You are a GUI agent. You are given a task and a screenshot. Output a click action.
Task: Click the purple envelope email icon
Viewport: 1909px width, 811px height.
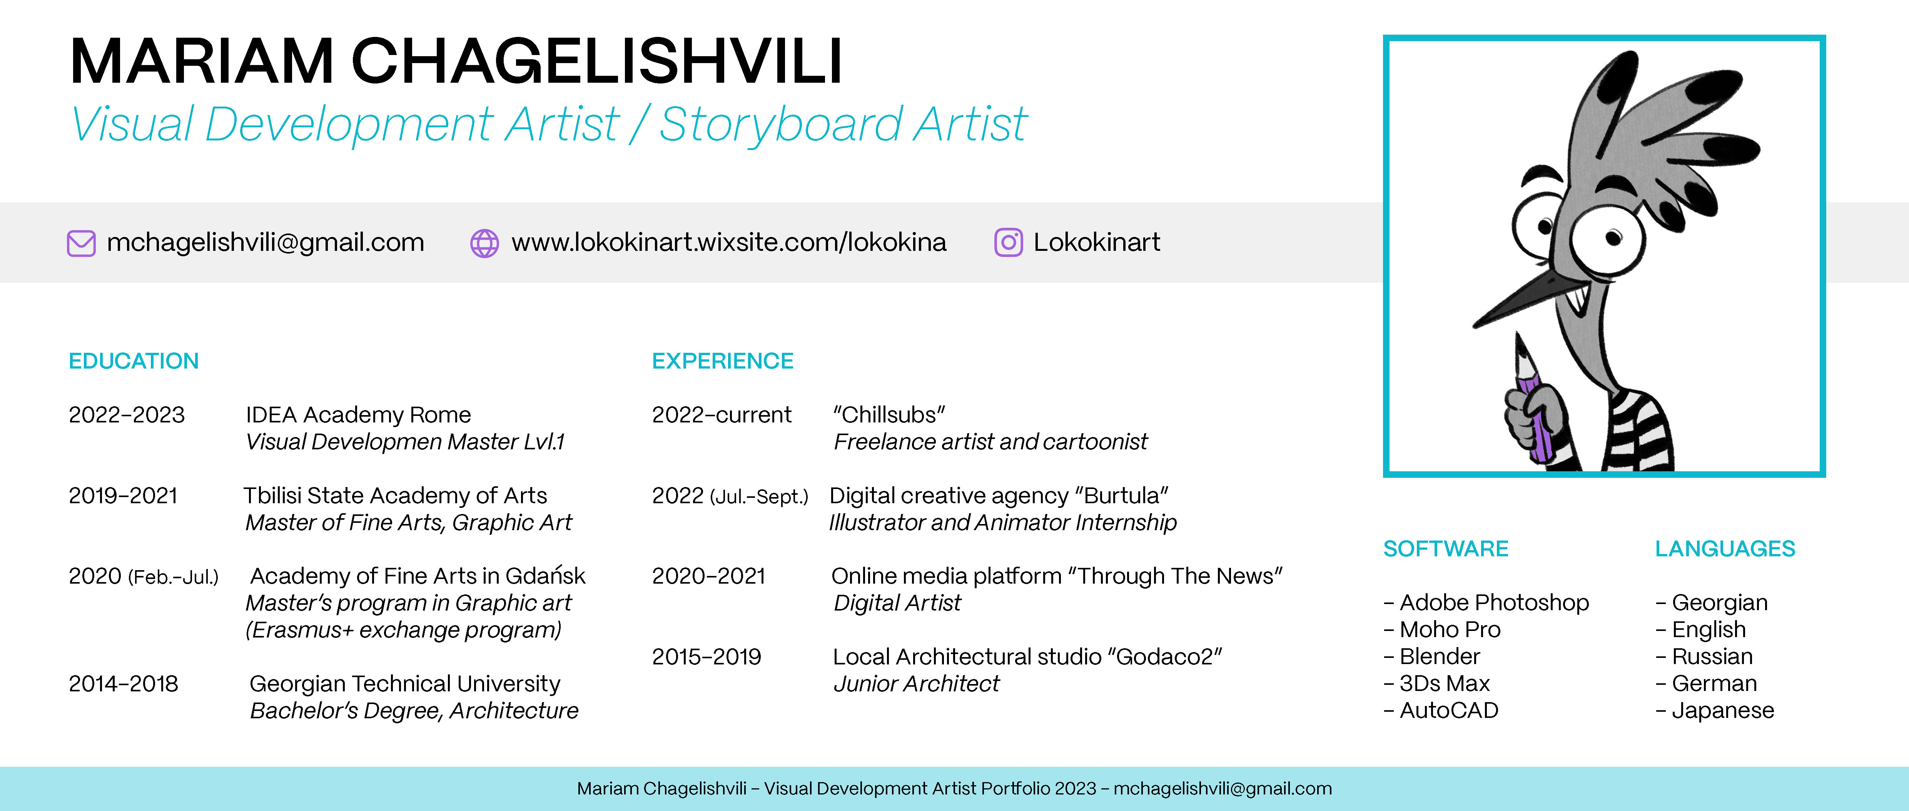(x=82, y=243)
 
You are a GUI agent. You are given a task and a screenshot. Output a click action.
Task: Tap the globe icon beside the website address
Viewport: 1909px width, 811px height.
(x=485, y=243)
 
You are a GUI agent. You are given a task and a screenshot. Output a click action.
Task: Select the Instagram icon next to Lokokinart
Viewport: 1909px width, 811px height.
(x=1008, y=243)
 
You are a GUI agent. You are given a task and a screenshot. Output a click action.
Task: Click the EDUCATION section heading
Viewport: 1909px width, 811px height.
(x=134, y=361)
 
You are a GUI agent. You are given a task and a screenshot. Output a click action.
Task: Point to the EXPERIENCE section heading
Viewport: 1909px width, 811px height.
(x=723, y=361)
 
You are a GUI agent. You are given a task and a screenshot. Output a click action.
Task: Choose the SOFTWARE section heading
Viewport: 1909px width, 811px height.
(x=1445, y=549)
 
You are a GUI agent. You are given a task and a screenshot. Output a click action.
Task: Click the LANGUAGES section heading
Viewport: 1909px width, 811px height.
(x=1724, y=549)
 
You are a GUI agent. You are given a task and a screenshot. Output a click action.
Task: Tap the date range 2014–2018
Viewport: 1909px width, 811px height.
(x=123, y=684)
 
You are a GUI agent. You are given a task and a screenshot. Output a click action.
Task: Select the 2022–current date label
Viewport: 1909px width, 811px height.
(x=721, y=415)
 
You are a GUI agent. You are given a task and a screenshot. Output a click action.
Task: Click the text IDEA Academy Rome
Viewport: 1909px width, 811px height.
(x=358, y=415)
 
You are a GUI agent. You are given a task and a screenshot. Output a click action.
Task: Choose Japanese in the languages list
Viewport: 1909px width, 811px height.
(x=1722, y=710)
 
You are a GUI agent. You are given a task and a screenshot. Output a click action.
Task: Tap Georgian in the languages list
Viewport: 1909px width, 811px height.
(x=1719, y=603)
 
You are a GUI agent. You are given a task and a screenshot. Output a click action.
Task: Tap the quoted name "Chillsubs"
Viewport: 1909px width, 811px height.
(x=889, y=415)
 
